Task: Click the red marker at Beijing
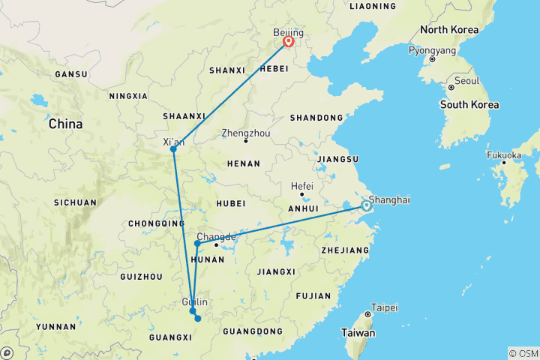point(288,42)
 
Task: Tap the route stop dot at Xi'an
point(173,148)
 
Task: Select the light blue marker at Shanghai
point(366,205)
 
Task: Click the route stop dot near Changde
point(197,243)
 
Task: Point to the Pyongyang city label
point(432,51)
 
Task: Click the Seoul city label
point(466,80)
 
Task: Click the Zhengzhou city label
point(245,133)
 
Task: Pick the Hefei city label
point(302,187)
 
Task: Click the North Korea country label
point(448,30)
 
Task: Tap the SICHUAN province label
point(75,202)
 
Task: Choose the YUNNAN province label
point(55,327)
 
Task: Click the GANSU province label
point(71,74)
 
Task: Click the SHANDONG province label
point(318,118)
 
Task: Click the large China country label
point(65,124)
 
